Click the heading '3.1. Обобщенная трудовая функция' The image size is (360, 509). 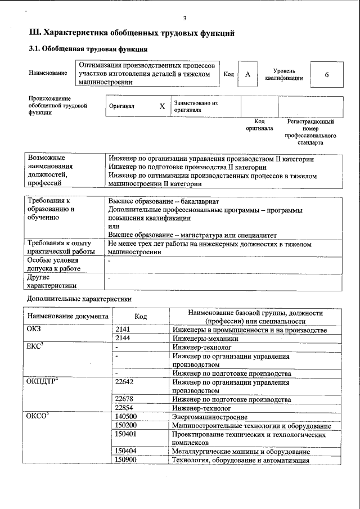tap(88, 49)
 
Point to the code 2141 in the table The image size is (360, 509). tap(123, 330)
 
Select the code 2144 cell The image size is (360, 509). tap(123, 339)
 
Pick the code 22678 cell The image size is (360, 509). tap(124, 399)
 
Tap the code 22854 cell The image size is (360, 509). tap(124, 408)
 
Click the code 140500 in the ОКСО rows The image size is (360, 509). tap(126, 417)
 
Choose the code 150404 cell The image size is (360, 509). tap(126, 452)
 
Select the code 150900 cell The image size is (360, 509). tap(126, 461)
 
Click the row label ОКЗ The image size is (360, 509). tap(34, 330)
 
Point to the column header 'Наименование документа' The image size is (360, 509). tap(67, 316)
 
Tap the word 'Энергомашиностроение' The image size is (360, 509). tap(210, 417)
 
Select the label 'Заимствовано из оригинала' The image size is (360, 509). tap(196, 107)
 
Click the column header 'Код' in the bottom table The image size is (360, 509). tap(141, 317)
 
